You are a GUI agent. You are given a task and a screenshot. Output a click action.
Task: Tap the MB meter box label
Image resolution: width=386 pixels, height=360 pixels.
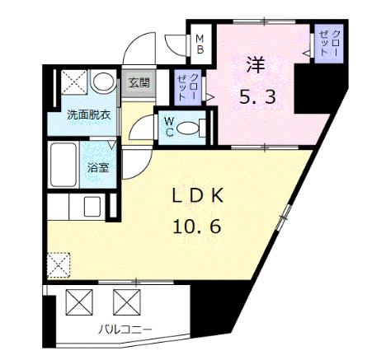click(x=200, y=44)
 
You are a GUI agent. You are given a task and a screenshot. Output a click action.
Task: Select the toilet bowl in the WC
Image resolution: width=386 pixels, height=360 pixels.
click(x=187, y=129)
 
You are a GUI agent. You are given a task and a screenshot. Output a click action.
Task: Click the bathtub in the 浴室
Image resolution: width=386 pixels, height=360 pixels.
click(x=64, y=165)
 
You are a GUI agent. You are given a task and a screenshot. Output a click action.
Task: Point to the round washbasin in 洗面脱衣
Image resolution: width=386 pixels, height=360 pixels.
click(x=103, y=82)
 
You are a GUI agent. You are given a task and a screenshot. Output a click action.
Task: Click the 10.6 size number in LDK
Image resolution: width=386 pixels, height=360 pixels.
click(x=197, y=227)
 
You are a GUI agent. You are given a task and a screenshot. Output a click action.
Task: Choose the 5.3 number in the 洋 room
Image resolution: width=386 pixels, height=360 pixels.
click(x=257, y=97)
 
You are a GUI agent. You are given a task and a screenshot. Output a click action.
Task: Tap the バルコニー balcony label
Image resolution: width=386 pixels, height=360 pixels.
click(x=125, y=330)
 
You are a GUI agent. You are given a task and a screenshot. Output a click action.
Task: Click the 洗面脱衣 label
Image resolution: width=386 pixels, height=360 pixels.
click(x=89, y=115)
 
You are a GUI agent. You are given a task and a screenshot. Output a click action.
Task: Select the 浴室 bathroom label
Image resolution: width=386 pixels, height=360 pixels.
click(x=98, y=168)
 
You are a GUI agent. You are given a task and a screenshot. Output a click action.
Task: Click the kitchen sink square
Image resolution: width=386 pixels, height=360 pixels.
click(x=92, y=207)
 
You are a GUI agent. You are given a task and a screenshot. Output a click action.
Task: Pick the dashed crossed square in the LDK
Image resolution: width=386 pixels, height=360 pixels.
click(x=59, y=265)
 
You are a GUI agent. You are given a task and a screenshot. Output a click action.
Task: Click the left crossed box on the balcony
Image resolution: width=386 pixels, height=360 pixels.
click(x=79, y=302)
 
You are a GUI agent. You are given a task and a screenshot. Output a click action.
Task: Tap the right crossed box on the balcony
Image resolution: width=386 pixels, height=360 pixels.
click(x=127, y=302)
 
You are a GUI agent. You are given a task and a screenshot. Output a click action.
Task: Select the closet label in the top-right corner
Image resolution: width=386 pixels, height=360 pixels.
click(x=328, y=43)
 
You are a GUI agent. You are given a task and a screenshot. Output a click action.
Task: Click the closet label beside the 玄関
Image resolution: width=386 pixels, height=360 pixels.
click(x=187, y=87)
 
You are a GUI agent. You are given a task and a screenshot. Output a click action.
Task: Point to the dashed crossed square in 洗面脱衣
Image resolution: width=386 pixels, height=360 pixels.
click(x=73, y=82)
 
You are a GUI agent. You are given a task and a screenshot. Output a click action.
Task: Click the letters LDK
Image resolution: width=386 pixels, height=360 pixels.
click(x=197, y=196)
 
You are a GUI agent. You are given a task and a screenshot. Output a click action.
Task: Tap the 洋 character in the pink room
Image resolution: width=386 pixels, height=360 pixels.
click(x=256, y=65)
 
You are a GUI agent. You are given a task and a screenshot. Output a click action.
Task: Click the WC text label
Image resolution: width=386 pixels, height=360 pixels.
click(x=169, y=127)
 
